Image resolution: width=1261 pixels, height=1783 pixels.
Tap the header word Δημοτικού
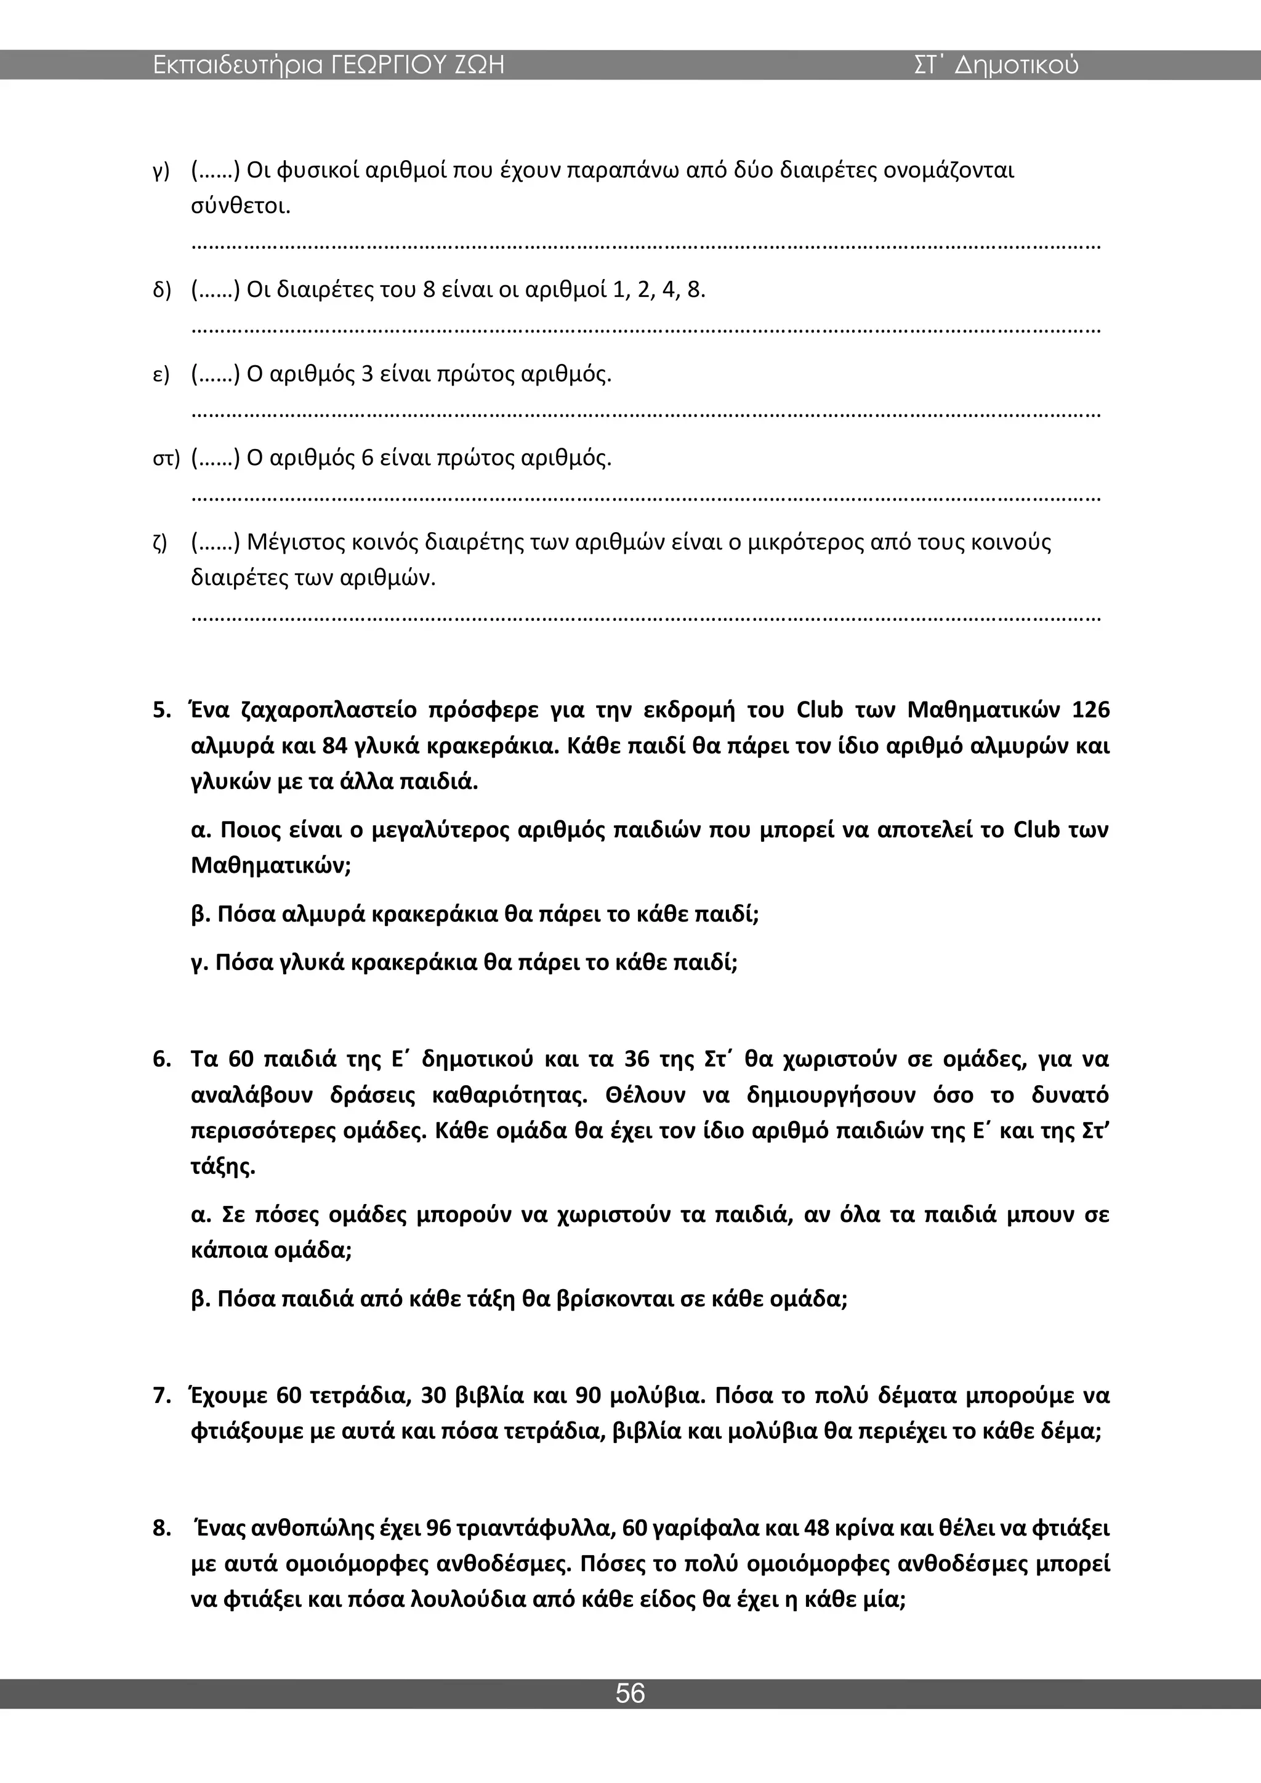pos(1017,65)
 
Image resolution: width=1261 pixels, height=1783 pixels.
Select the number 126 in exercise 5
pos(1090,711)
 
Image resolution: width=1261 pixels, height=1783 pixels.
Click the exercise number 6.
pos(161,1059)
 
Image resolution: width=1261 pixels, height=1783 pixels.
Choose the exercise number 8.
pos(161,1528)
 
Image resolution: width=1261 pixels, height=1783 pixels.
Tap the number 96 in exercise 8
pos(440,1528)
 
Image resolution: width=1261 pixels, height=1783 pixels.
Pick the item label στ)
pos(166,458)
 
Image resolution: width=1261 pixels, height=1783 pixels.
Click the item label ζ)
pos(160,542)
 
